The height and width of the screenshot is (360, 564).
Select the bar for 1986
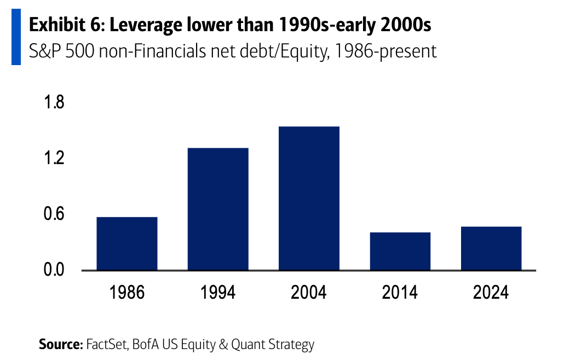point(126,243)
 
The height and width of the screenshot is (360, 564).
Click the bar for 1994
point(218,209)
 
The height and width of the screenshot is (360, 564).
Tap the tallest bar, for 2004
point(309,198)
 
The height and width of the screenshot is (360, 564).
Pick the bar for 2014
point(400,251)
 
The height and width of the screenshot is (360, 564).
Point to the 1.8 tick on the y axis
point(54,102)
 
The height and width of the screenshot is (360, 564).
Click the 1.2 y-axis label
point(54,158)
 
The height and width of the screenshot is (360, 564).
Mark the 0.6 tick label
point(54,214)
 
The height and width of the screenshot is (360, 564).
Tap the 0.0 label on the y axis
point(54,270)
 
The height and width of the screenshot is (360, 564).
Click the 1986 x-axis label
point(126,292)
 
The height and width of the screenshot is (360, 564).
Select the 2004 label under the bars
point(309,292)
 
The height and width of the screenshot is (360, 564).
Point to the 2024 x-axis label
point(491,292)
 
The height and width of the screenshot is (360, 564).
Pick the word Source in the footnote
point(60,345)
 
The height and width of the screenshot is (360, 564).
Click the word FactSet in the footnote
point(105,345)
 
